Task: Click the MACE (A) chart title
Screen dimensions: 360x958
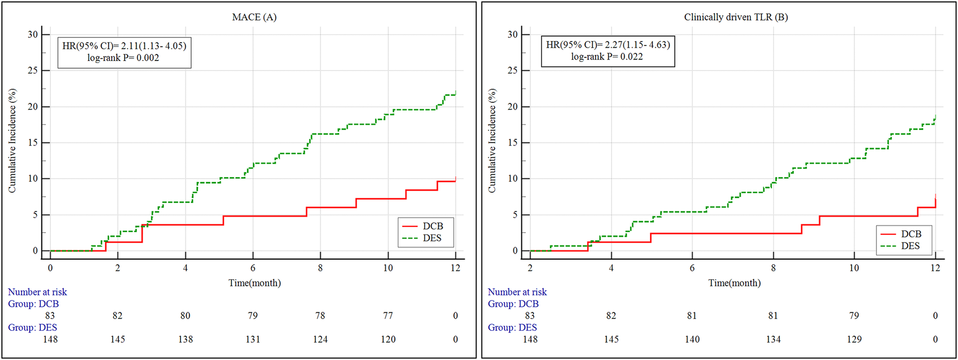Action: click(x=254, y=17)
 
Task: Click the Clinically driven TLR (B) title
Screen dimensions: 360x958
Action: click(x=736, y=17)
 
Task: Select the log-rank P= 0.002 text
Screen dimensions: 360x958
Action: click(x=123, y=58)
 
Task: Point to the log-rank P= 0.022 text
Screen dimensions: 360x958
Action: click(x=607, y=56)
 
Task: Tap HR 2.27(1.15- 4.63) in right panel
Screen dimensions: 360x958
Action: click(x=637, y=45)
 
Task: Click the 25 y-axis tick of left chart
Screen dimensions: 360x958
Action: click(x=32, y=71)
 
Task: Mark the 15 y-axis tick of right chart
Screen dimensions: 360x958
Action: click(x=512, y=143)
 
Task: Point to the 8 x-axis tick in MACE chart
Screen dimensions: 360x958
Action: click(x=320, y=268)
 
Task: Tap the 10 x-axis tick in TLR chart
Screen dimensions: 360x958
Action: click(x=854, y=268)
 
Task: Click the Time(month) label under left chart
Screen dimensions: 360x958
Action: click(x=254, y=283)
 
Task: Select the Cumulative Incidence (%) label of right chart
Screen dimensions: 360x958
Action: click(x=492, y=141)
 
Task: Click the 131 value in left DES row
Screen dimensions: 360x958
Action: click(x=253, y=339)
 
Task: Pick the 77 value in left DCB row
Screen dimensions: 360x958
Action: click(x=388, y=316)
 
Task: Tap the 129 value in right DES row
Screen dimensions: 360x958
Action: click(x=854, y=339)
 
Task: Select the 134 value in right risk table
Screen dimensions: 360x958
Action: click(x=773, y=339)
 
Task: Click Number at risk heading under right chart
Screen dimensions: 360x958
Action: click(x=517, y=292)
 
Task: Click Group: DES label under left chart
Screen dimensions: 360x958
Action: click(x=32, y=328)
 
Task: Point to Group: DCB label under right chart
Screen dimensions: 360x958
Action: click(x=513, y=304)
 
